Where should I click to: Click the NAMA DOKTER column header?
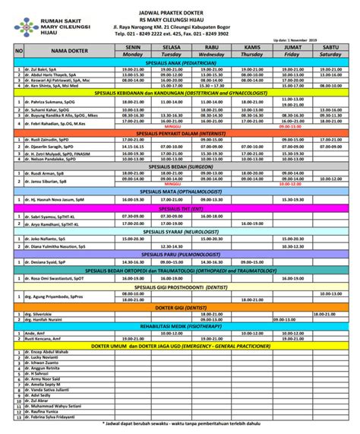[68, 50]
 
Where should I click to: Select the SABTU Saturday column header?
[330, 50]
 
